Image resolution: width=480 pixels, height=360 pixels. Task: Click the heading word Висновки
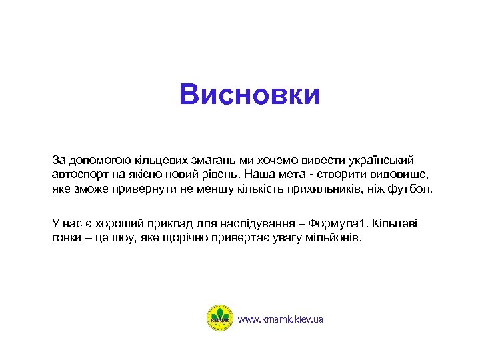tap(249, 95)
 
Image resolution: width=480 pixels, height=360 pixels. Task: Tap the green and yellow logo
tap(221, 319)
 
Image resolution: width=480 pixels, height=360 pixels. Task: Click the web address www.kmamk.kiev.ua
tap(280, 319)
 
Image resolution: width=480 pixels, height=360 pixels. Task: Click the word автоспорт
tap(79, 175)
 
